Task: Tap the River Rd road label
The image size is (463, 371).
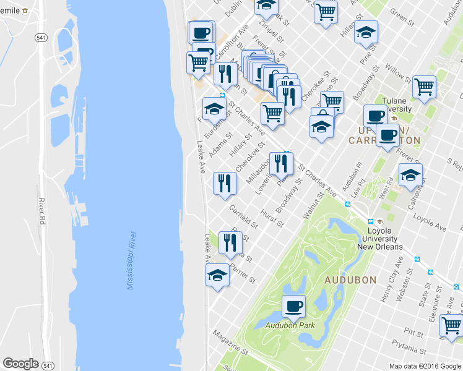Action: click(42, 210)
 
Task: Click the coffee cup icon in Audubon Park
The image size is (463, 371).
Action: click(294, 305)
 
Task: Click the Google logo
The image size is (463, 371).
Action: click(20, 363)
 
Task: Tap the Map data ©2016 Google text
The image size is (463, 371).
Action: click(425, 366)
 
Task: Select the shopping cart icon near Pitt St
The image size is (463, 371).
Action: click(451, 324)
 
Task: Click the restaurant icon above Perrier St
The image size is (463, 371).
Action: click(230, 243)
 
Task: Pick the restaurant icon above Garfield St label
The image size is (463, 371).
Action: click(224, 183)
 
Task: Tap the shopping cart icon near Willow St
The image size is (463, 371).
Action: click(424, 87)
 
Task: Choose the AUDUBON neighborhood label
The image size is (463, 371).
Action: click(350, 280)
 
